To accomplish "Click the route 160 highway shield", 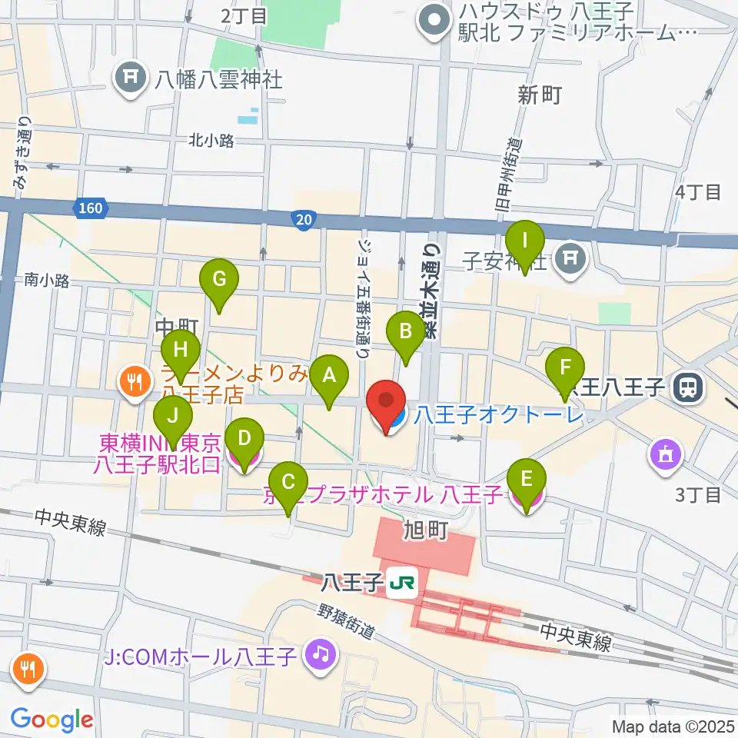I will coord(90,208).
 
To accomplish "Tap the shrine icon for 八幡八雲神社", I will coord(130,78).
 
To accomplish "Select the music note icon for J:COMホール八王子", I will coord(320,655).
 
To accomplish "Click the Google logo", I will coord(52,720).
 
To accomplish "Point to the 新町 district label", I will coord(540,95).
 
